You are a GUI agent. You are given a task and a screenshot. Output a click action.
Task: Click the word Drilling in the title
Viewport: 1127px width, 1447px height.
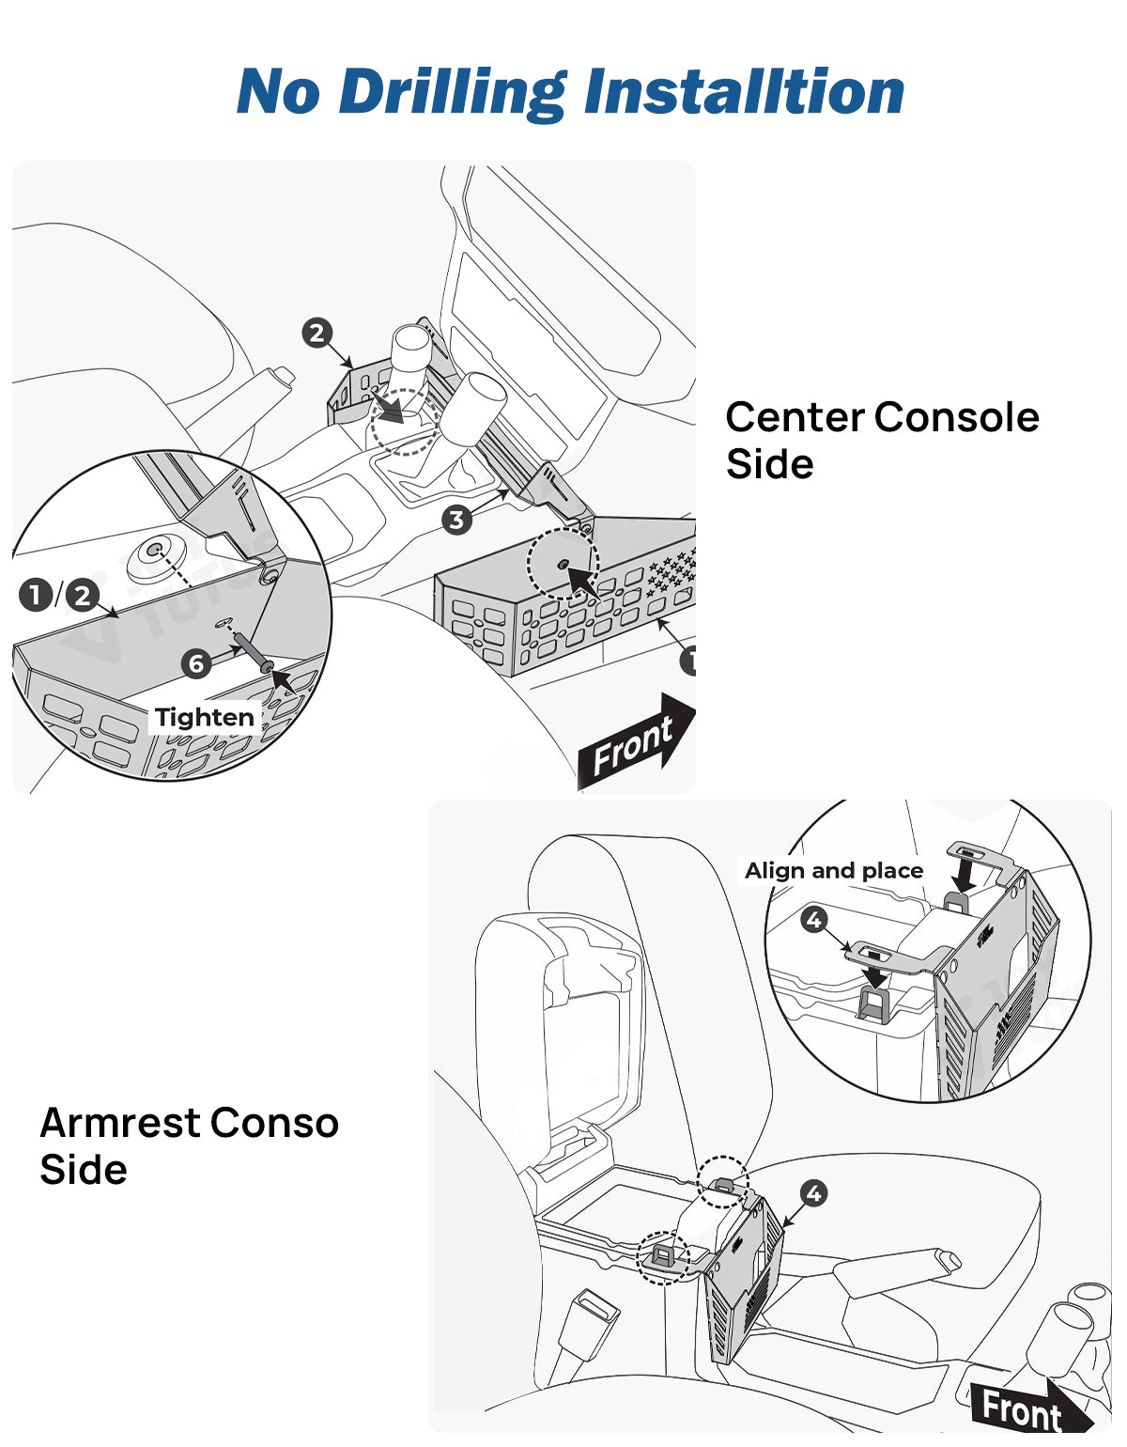[452, 93]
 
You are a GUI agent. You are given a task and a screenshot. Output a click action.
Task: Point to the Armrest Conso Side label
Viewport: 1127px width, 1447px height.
[189, 1145]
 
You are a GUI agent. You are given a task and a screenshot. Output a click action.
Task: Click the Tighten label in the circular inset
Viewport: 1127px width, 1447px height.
[205, 718]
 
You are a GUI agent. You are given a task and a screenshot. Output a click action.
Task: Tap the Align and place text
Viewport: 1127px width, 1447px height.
[834, 871]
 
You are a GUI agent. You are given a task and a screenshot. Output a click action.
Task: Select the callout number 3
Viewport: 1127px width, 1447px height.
[456, 520]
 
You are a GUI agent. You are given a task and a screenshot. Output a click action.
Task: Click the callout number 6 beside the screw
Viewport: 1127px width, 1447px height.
[195, 663]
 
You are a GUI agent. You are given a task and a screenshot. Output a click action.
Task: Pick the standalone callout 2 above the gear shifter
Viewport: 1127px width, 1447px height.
[316, 333]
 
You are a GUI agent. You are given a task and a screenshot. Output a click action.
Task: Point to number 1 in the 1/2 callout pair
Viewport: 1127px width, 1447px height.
[36, 595]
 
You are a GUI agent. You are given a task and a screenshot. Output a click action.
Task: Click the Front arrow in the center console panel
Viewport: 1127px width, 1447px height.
[637, 743]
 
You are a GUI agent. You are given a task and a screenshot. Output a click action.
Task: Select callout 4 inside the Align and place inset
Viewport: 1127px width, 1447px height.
[814, 919]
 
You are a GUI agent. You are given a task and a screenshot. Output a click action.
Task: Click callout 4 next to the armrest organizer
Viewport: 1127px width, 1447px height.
[813, 1193]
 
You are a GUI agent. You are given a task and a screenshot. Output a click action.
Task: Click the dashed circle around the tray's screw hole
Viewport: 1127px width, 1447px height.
[563, 565]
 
